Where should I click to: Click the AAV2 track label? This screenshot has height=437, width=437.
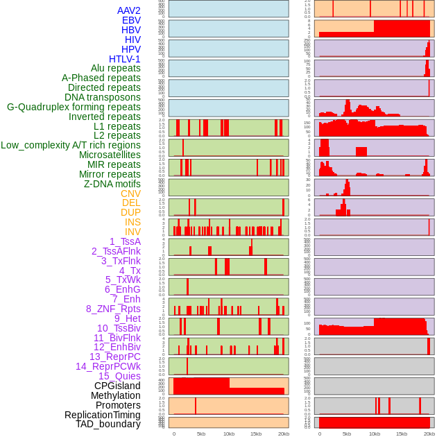128,10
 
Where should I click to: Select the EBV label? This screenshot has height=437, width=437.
131,20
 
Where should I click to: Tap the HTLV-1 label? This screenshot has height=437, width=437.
124,59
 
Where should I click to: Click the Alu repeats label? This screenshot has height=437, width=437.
115,68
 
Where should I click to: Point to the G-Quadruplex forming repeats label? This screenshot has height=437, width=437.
74,107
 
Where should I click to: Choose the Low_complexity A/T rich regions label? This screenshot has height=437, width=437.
71,145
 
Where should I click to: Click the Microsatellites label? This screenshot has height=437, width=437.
110,155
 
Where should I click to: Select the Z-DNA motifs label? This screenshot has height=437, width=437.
112,184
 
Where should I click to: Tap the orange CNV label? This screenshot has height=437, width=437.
130,194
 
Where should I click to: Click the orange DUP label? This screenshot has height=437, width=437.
130,212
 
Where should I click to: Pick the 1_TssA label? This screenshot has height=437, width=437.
125,241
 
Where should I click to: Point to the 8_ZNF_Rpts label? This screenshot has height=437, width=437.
113,309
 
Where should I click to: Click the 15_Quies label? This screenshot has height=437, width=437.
119,376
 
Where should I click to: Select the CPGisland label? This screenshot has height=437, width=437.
117,386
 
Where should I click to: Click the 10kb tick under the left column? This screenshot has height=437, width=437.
228,434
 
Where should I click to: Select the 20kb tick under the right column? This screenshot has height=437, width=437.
429,434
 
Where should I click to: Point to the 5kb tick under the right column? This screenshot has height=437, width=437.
347,434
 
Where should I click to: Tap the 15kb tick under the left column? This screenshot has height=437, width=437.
256,434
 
